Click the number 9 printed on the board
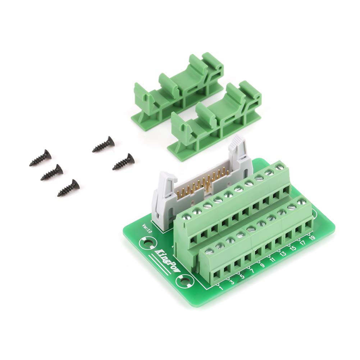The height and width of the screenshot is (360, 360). (262, 265)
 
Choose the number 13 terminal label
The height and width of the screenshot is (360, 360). (283, 254)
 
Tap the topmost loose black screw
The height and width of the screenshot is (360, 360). (104, 145)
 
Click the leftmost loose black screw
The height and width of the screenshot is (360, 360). (40, 158)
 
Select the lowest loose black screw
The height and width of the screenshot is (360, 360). (68, 188)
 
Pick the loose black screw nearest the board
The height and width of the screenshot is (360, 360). (124, 162)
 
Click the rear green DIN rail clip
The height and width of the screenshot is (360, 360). (179, 86)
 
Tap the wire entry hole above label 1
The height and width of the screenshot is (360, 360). (217, 276)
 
